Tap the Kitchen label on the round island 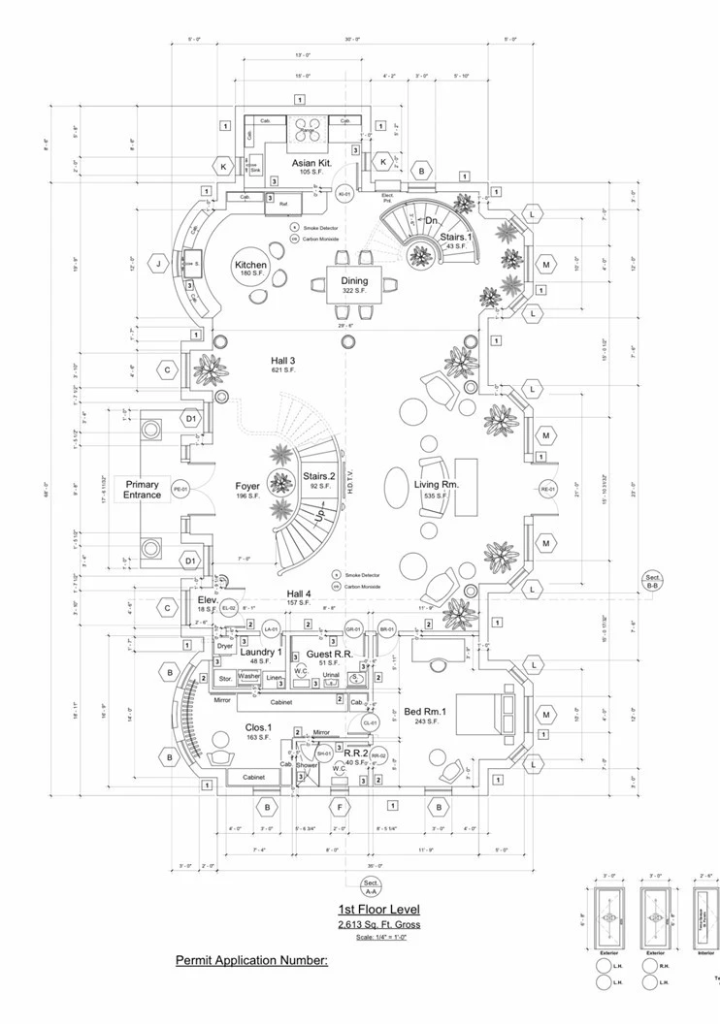tap(249, 265)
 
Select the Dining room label tap(353, 280)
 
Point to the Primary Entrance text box tap(142, 489)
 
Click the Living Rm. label tap(436, 485)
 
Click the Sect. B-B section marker tap(653, 582)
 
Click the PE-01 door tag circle tap(180, 489)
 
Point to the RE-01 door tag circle tap(548, 489)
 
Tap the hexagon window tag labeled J tap(157, 263)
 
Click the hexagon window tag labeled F tap(340, 806)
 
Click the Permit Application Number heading tap(252, 960)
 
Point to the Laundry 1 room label tap(260, 652)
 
